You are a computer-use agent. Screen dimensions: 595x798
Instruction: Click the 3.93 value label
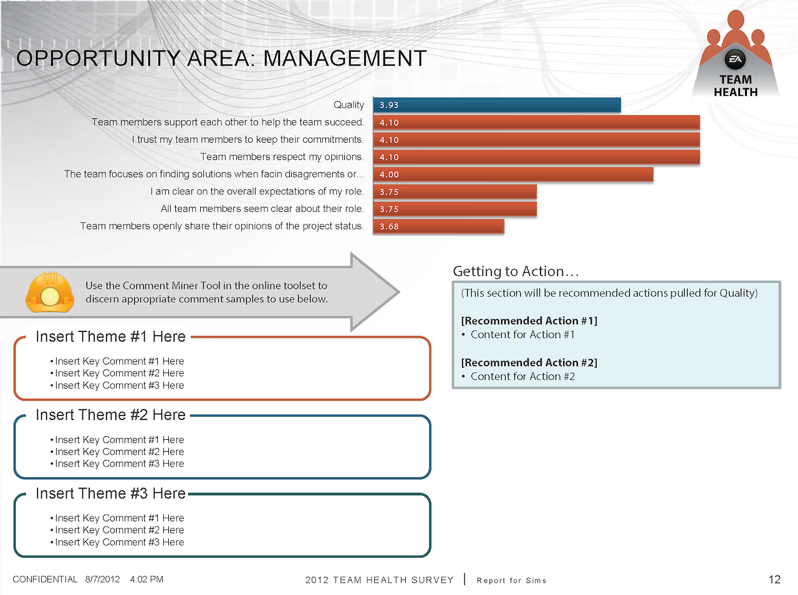[x=389, y=105]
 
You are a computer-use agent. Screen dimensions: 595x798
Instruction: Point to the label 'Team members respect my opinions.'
[x=282, y=157]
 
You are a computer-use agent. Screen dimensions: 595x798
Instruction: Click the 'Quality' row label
[x=349, y=105]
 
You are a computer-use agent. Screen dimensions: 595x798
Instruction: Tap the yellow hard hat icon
[x=50, y=292]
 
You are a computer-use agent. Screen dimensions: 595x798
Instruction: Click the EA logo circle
[x=736, y=59]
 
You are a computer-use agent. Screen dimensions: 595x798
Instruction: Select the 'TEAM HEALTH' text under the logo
[x=736, y=86]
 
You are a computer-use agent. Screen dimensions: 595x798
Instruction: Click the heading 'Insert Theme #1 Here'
[x=110, y=337]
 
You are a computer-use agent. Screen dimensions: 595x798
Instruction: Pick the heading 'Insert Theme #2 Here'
[x=110, y=416]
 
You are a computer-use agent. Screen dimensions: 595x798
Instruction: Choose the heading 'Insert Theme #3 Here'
[x=110, y=494]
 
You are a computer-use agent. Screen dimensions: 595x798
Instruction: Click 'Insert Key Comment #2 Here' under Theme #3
[x=119, y=530]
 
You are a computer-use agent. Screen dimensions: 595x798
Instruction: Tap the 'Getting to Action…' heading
[x=516, y=272]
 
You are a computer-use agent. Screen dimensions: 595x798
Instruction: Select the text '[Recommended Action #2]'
[x=529, y=363]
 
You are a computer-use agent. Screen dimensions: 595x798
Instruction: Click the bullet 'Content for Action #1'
[x=522, y=335]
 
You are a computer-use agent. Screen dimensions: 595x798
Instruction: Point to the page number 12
[x=774, y=579]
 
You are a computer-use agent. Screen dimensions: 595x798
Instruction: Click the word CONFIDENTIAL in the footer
[x=45, y=579]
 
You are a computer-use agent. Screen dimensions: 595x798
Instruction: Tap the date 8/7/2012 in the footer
[x=102, y=579]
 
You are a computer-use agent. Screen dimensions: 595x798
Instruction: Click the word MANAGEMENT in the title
[x=345, y=59]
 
